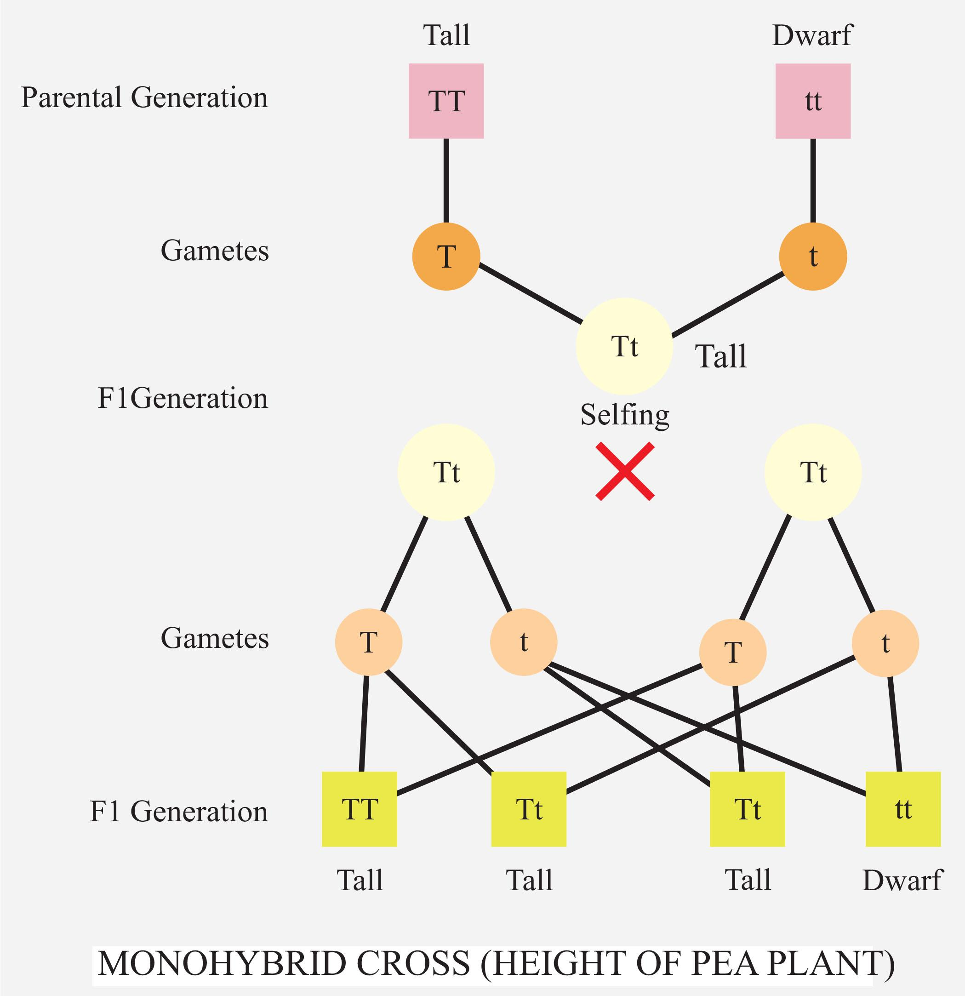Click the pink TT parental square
pos(446,101)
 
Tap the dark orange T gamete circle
pos(446,257)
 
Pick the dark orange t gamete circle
pos(813,257)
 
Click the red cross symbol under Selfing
pos(625,471)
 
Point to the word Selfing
pos(625,415)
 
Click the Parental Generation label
pos(144,97)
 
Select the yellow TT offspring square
pos(359,809)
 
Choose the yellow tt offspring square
pos(903,809)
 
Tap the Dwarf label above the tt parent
pos(812,35)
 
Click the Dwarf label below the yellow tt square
pos(902,881)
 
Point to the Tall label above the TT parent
pos(447,35)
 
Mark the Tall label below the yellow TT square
pos(360,881)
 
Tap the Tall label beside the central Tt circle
pos(721,356)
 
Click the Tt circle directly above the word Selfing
pos(624,347)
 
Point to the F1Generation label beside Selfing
pos(183,398)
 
